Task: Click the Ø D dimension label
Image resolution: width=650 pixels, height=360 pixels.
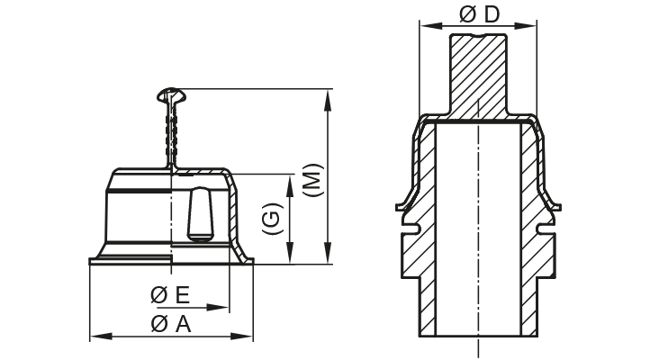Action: coord(478,14)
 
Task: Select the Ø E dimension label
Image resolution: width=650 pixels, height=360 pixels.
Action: coord(170,295)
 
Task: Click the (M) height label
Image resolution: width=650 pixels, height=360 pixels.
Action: coord(309,179)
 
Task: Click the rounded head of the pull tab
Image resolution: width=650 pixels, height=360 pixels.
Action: coord(170,94)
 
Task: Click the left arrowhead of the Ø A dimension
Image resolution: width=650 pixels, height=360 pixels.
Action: coord(95,337)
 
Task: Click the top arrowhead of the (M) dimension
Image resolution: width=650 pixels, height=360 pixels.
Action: coord(327,94)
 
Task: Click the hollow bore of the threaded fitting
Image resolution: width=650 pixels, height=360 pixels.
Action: coord(478,234)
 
